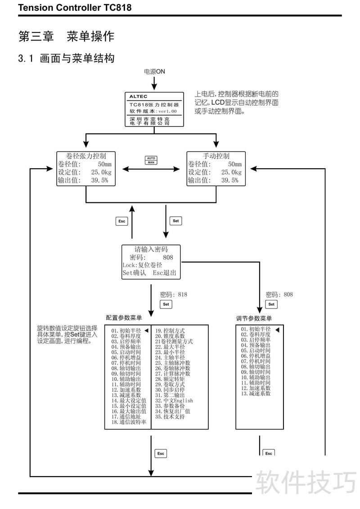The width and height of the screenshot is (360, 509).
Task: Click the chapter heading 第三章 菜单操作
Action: coord(66,36)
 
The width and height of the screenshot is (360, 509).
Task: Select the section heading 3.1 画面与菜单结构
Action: coord(66,58)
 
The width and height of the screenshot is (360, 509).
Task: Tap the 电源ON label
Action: coord(154,71)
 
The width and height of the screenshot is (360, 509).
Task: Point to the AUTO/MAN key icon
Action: coord(151,160)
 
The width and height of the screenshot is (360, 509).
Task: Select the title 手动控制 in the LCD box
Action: coord(216,156)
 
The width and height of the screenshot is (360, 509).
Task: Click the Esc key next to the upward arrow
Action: coord(121,221)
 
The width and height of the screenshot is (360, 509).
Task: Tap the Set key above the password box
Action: coord(175,221)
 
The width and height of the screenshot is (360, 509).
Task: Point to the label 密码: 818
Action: coord(174,295)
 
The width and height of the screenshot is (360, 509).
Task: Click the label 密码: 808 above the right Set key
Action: coord(279,295)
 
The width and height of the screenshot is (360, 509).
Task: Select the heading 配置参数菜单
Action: coord(124,318)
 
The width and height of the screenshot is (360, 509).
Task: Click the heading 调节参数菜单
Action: coord(254,318)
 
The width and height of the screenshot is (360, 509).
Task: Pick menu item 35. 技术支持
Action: coord(170,417)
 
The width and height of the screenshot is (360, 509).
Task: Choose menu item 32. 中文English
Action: coord(174,401)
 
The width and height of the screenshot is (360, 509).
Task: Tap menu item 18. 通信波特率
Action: coord(129,422)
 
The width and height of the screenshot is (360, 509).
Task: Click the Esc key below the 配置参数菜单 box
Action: coord(161,454)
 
